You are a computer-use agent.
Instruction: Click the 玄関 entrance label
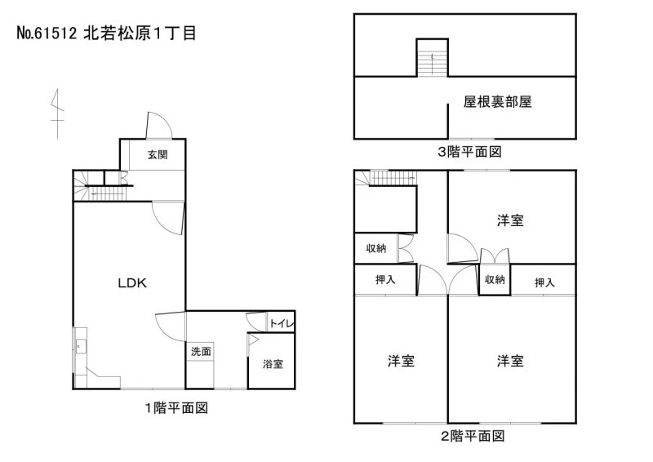point(158,154)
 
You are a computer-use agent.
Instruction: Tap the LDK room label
point(132,283)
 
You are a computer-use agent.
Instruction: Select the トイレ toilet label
point(282,323)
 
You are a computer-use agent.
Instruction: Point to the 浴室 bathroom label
point(273,364)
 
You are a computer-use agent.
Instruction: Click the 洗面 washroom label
point(201,351)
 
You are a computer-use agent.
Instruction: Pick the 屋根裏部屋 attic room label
point(498,102)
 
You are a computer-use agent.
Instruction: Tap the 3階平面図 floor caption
point(469,152)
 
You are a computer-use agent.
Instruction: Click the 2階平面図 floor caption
point(473,436)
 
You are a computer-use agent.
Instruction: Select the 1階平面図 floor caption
point(176,408)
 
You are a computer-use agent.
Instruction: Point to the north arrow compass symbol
point(57,113)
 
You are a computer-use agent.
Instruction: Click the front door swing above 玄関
point(158,125)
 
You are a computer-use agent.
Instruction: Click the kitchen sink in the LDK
point(80,347)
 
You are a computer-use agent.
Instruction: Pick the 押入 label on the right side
point(544,283)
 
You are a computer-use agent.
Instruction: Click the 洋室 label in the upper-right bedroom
point(510,220)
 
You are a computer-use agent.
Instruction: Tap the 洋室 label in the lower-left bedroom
point(401,361)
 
